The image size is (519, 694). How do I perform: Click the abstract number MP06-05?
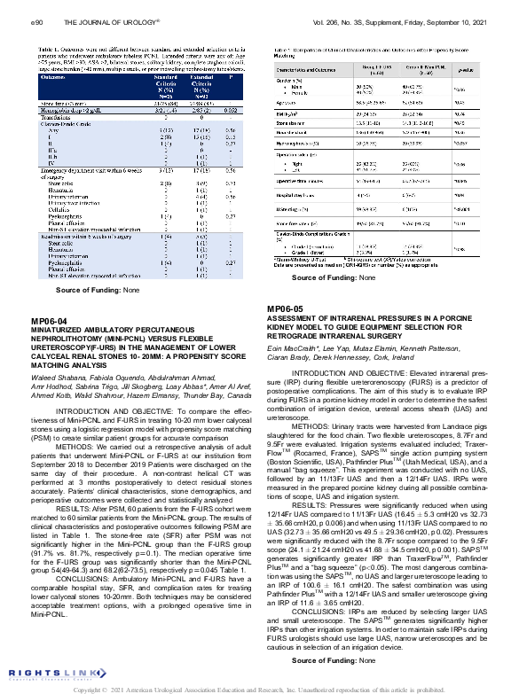click(x=285, y=284)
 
